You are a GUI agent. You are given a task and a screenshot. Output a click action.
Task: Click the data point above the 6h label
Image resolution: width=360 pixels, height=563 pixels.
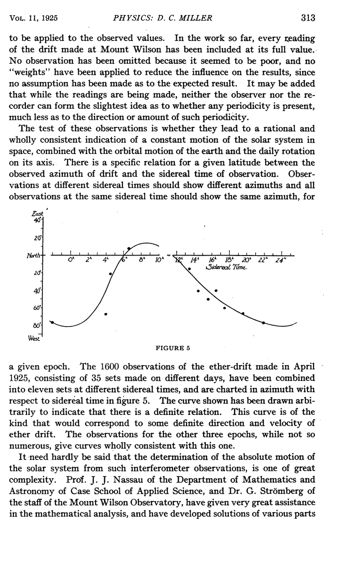pyautogui.click(x=129, y=249)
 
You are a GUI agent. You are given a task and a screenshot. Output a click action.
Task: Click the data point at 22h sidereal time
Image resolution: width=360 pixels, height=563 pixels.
pyautogui.click(x=264, y=322)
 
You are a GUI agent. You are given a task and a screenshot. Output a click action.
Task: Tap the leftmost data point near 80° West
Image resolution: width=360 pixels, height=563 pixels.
pyautogui.click(x=52, y=322)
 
